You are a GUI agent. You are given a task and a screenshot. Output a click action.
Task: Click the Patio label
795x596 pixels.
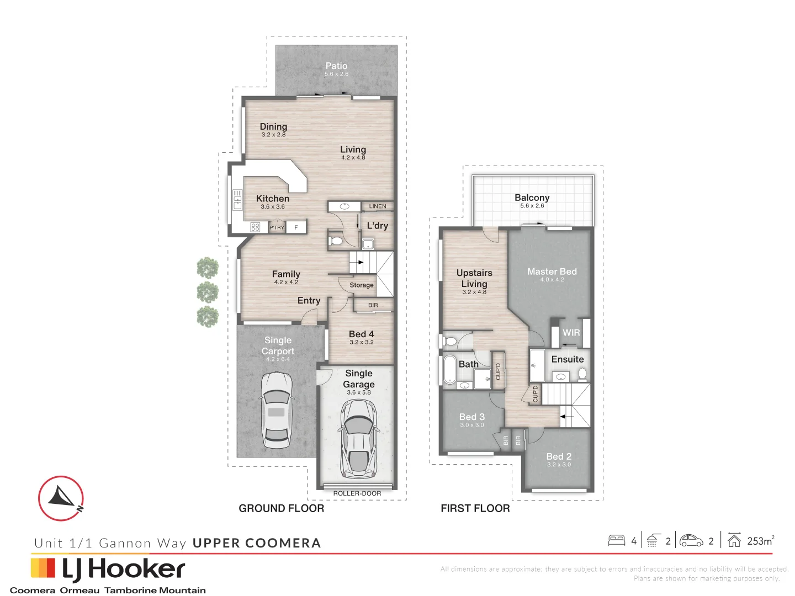[336, 66]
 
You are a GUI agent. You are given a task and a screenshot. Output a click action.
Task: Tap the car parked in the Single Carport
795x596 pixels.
[277, 409]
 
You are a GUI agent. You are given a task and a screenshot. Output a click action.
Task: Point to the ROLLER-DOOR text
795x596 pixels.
[357, 493]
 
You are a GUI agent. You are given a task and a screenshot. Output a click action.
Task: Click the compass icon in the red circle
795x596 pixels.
[61, 498]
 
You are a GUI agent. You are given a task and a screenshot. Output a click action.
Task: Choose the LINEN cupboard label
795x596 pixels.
[378, 206]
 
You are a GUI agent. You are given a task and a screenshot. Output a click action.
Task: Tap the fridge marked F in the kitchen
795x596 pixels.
[296, 227]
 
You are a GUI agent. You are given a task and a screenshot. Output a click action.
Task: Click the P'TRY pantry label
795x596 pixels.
[277, 227]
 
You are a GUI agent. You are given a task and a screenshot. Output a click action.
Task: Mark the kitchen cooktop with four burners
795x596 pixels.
[255, 227]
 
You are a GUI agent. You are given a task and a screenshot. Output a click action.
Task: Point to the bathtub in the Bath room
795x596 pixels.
[449, 369]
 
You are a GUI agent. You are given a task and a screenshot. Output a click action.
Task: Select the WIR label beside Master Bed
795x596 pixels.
[571, 333]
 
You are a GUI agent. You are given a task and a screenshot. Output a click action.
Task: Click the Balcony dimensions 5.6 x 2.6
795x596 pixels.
[532, 206]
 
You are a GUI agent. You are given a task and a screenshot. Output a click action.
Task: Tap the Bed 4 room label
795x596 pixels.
[361, 334]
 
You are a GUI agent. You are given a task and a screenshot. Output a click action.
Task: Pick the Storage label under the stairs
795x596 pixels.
[362, 285]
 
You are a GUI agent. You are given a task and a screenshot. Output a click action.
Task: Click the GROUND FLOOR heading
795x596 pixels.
[281, 508]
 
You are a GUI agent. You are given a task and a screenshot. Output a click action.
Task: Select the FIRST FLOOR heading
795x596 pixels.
[475, 508]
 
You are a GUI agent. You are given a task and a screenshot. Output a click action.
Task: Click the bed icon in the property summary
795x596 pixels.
[617, 541]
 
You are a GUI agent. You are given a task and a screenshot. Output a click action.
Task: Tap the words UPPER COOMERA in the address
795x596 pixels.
[257, 543]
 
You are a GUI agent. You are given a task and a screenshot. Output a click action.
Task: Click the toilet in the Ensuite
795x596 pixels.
[582, 374]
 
